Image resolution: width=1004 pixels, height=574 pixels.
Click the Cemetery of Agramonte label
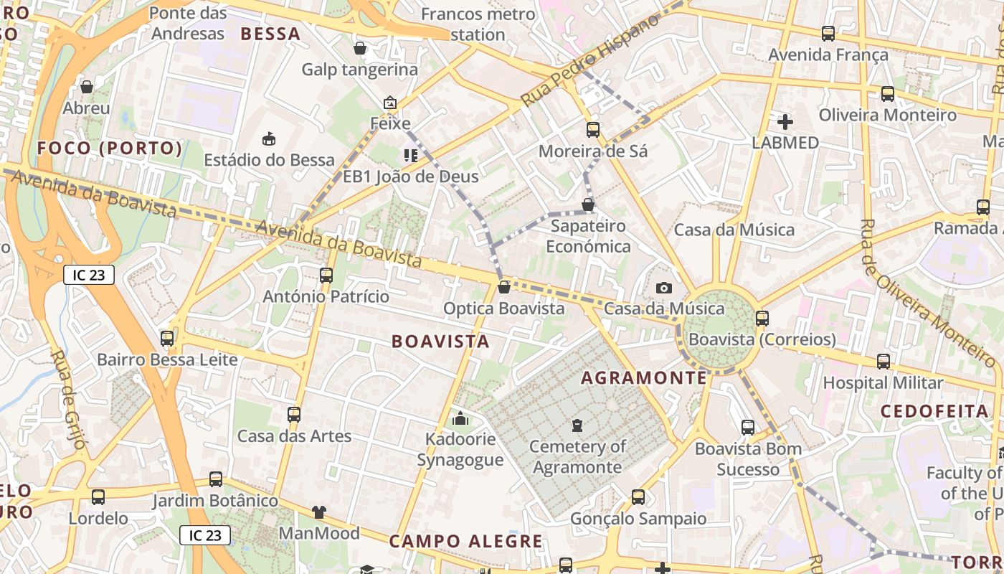(x=577, y=457)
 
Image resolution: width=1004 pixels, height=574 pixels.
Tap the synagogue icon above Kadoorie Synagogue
(x=460, y=418)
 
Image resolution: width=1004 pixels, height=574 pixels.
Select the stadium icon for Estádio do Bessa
(x=270, y=138)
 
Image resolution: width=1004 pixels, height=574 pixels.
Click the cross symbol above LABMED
(x=785, y=122)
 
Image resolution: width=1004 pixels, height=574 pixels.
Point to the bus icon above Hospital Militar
(x=884, y=362)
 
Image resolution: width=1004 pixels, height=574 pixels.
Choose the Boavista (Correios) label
(x=772, y=339)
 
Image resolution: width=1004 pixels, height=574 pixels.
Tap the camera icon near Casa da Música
(x=664, y=288)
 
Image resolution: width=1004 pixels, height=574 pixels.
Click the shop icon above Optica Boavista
(x=504, y=287)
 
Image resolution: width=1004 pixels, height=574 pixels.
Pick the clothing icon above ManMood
(x=319, y=512)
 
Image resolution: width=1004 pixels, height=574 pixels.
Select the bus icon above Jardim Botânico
(x=215, y=479)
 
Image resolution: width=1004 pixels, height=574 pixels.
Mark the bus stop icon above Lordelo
(x=98, y=497)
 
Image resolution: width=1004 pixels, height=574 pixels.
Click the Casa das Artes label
(x=294, y=436)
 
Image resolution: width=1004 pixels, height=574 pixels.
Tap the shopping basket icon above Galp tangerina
(x=360, y=48)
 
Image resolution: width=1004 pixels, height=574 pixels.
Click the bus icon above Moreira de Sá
(x=593, y=130)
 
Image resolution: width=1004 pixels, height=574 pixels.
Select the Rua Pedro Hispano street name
(x=589, y=60)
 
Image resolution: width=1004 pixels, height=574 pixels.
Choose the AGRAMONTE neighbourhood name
(x=643, y=378)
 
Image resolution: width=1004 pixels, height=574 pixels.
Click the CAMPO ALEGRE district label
(x=466, y=541)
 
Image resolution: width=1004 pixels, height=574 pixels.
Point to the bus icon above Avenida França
(x=828, y=33)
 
